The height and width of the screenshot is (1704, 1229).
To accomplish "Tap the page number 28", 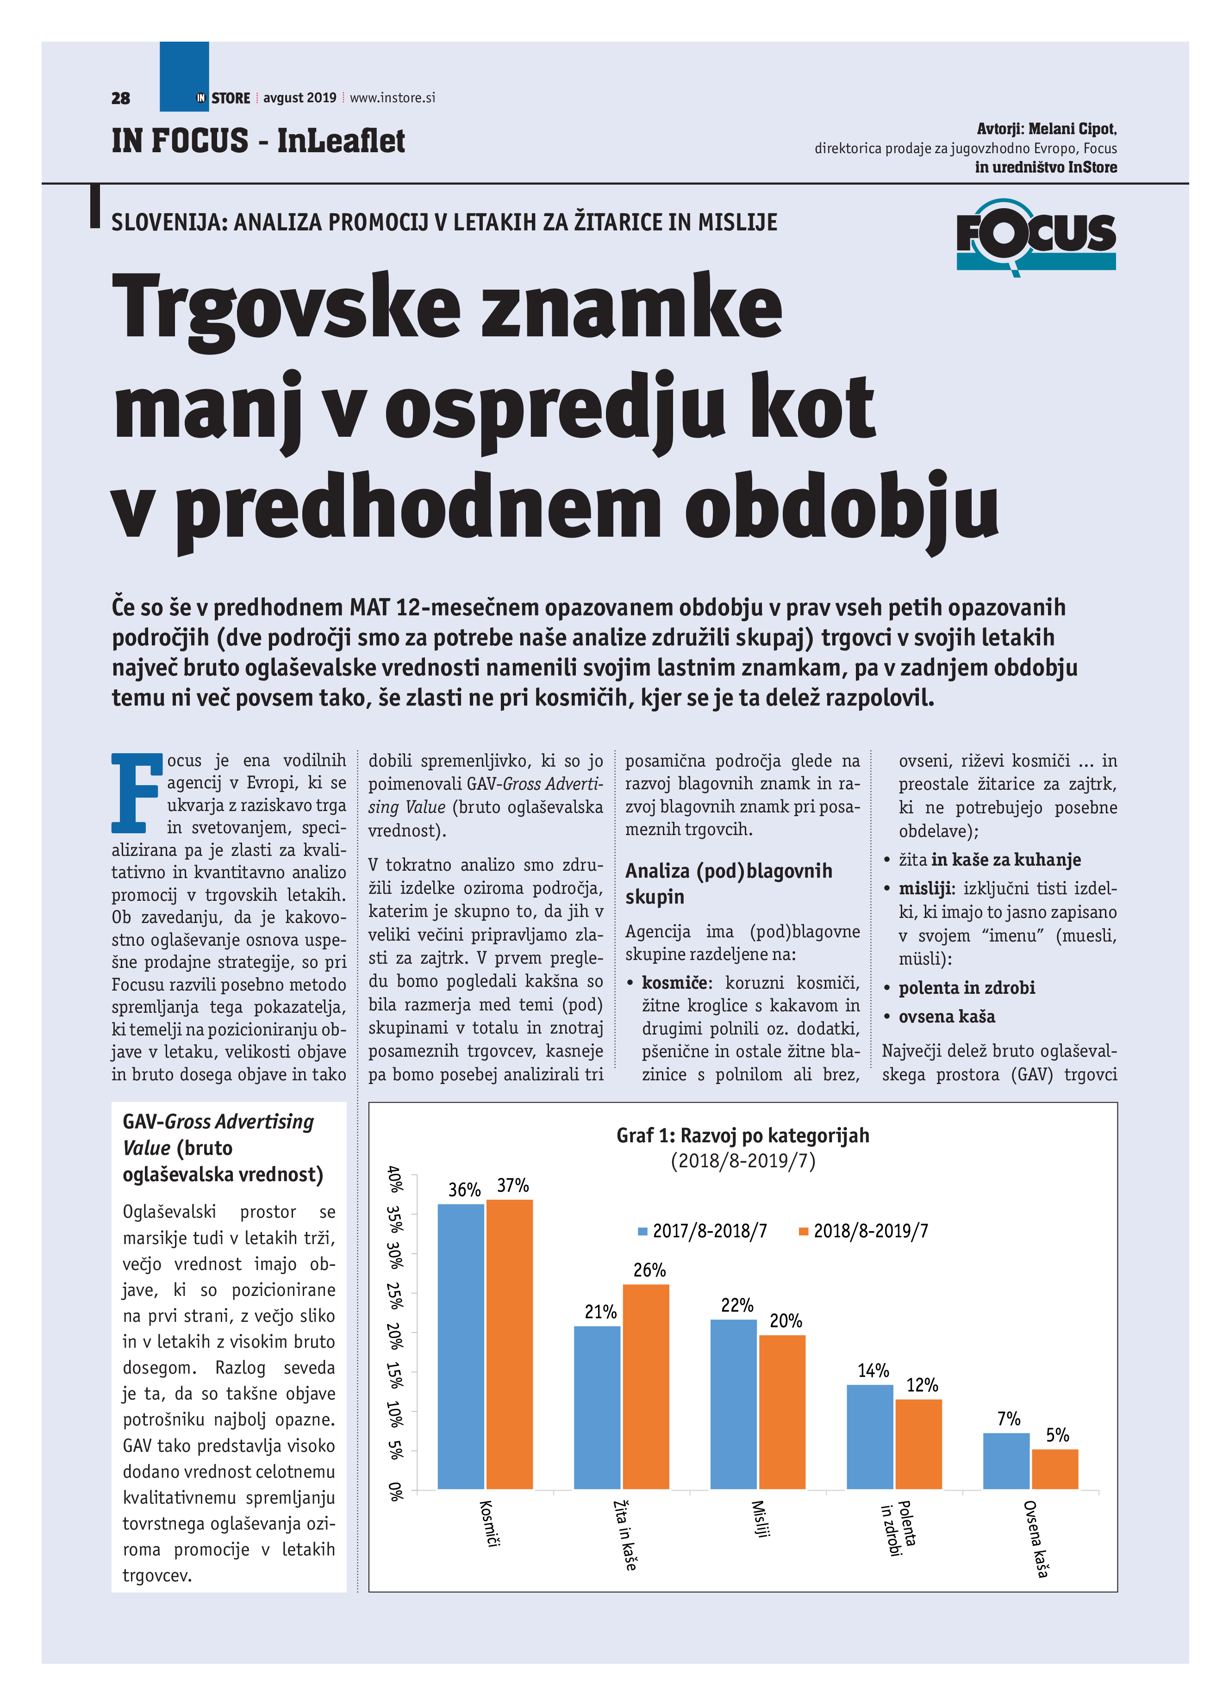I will tap(120, 99).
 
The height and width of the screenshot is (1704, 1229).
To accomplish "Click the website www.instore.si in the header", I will tap(393, 98).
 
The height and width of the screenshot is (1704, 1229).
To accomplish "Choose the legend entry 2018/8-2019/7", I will tap(864, 1231).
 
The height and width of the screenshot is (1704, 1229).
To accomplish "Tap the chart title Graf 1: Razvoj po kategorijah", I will tap(742, 1135).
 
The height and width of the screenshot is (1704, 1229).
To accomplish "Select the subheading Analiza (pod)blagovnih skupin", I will tap(729, 883).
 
